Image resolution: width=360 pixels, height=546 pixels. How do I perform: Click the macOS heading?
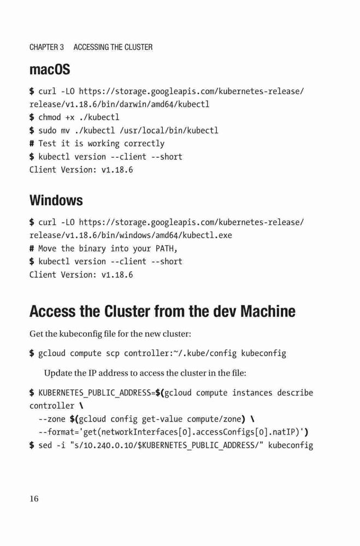coord(50,69)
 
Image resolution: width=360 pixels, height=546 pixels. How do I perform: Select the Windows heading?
coord(56,200)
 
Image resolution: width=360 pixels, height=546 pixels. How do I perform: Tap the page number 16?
coord(34,498)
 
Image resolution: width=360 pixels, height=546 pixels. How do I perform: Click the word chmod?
coord(50,117)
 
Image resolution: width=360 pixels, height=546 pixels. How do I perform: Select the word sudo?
coord(48,130)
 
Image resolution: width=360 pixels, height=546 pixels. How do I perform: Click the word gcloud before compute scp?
coord(51,353)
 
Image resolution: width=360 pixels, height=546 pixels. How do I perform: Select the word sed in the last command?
coord(45,445)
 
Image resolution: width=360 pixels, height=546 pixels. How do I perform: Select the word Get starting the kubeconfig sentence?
coord(36,334)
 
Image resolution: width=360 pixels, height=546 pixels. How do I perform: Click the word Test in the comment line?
coord(47,143)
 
